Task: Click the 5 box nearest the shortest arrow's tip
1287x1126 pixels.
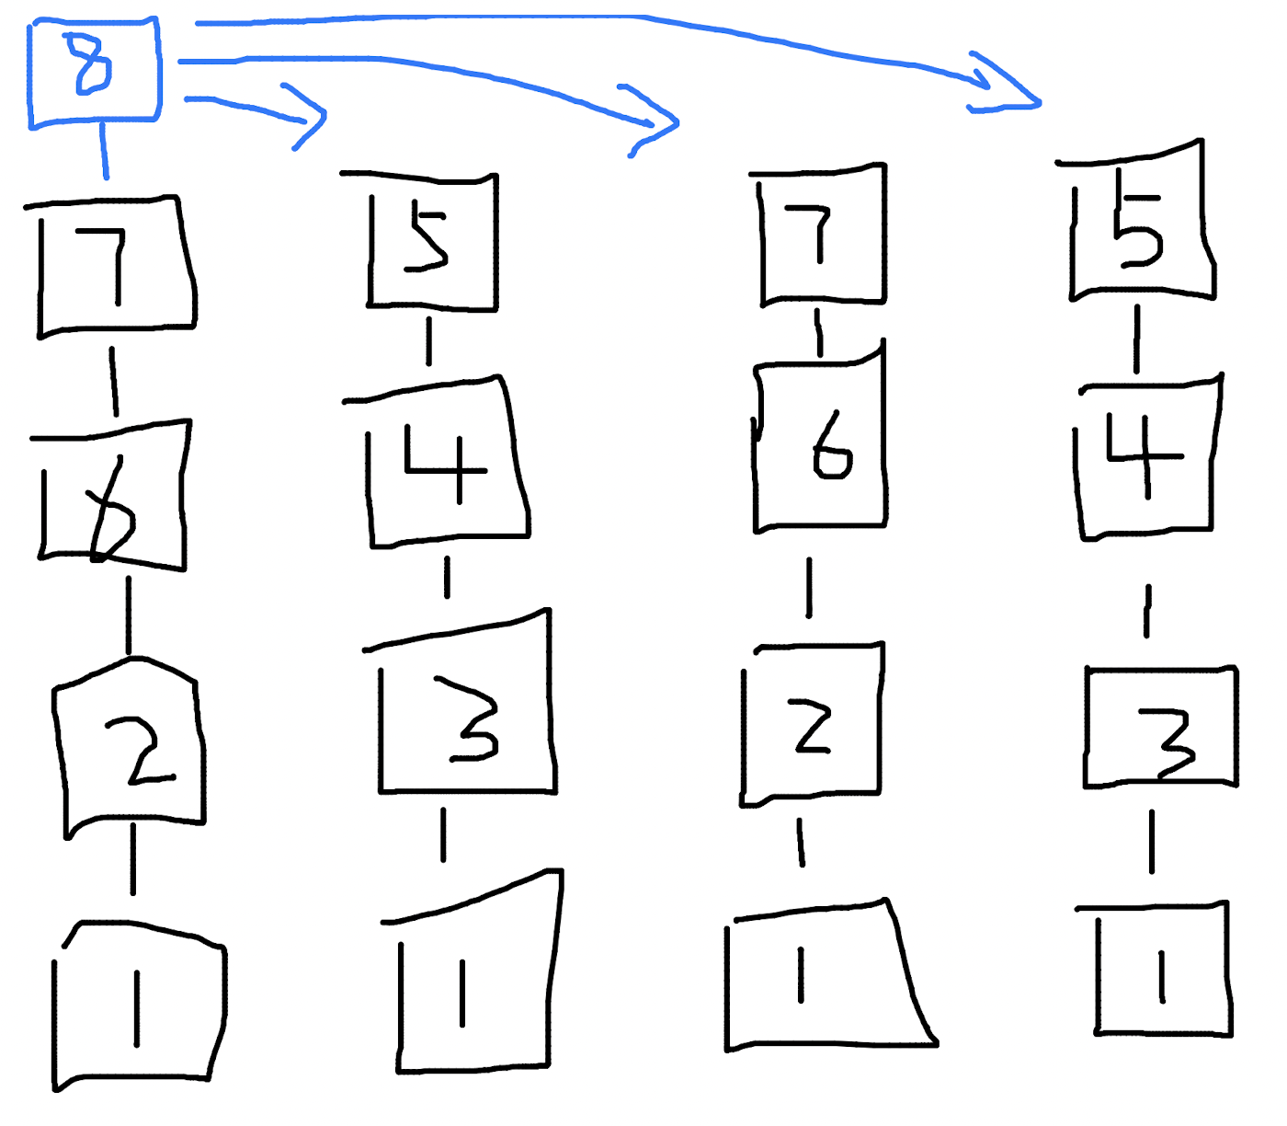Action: tap(433, 241)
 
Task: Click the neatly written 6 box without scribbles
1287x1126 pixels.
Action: tap(821, 446)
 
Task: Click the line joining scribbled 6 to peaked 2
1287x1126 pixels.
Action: tap(129, 615)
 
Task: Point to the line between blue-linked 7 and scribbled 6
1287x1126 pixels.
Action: tap(114, 382)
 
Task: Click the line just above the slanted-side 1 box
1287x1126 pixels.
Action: tap(801, 843)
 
